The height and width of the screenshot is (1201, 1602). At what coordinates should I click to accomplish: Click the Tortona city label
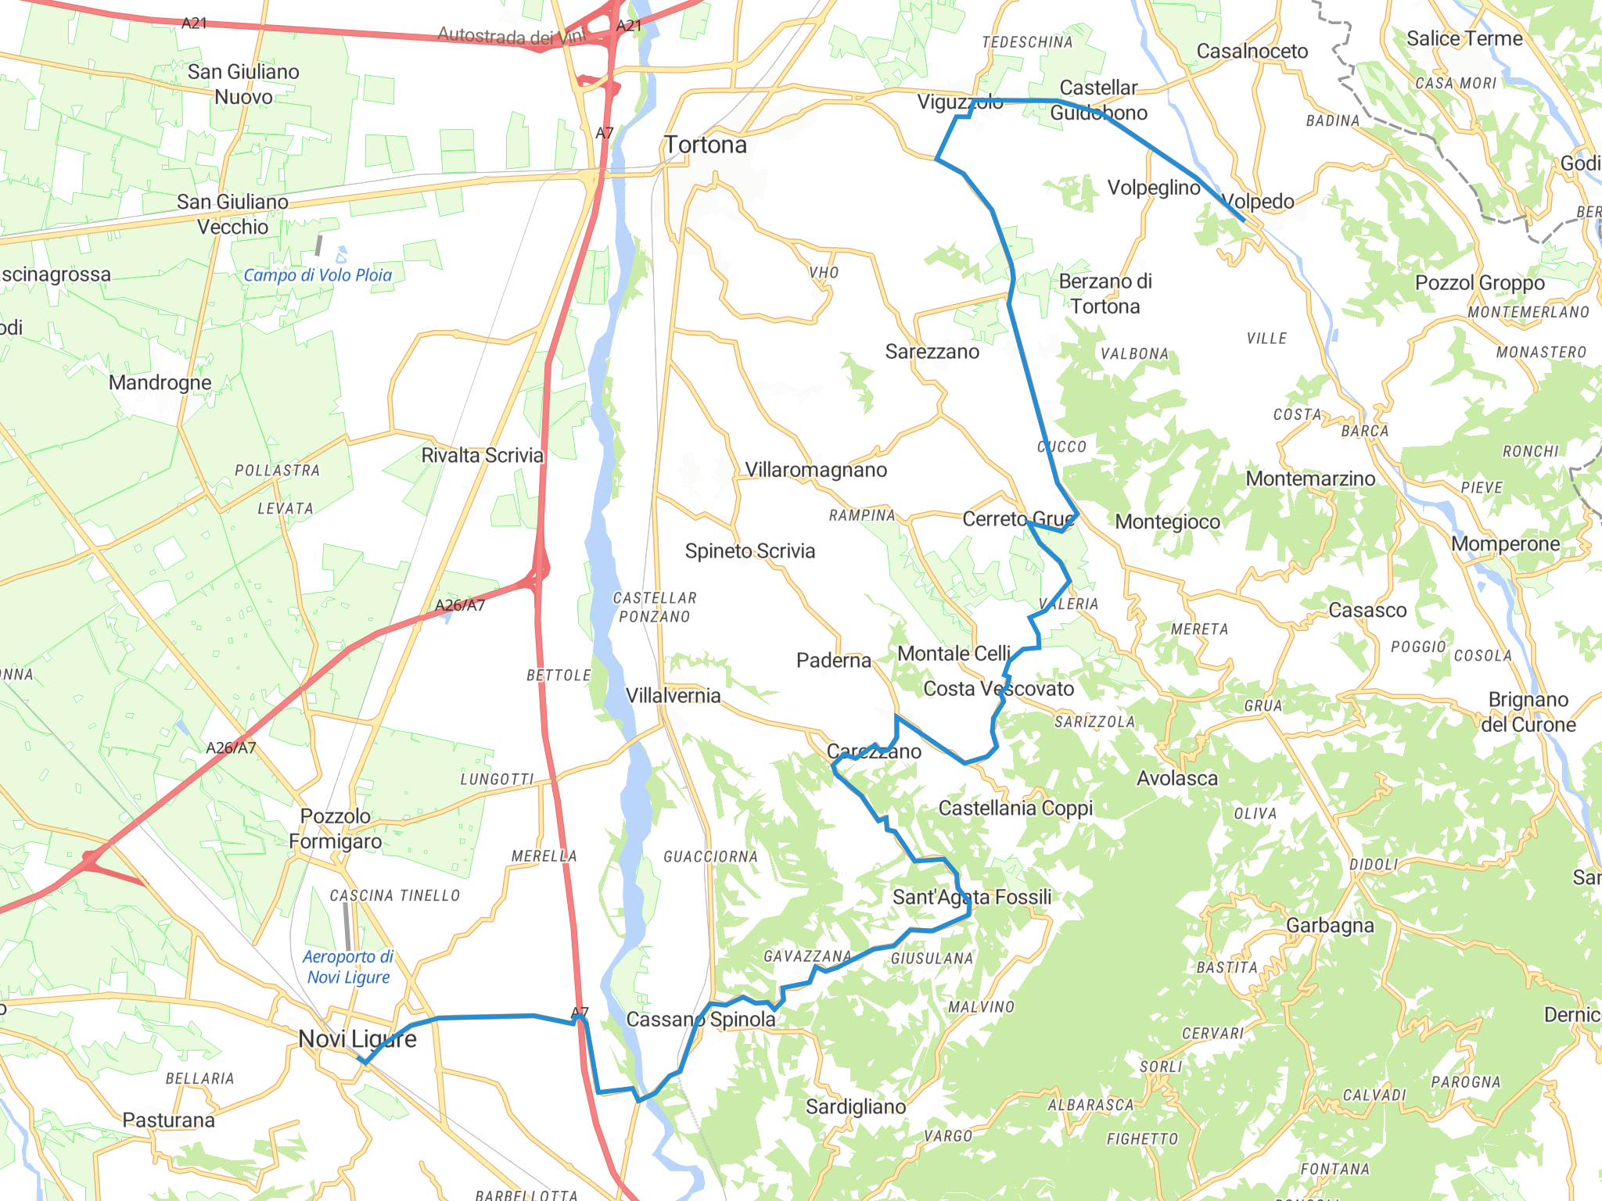[x=706, y=145]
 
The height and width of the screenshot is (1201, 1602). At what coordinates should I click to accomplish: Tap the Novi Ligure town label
[x=357, y=1039]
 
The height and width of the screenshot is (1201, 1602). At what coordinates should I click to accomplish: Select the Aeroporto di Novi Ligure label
[x=348, y=967]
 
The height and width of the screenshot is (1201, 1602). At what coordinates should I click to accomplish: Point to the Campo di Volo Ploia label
[x=318, y=275]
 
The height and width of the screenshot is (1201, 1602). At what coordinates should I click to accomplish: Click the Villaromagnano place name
[x=816, y=470]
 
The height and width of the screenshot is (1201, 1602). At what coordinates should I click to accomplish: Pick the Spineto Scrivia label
[x=750, y=551]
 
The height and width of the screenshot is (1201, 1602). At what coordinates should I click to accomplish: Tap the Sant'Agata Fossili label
[x=972, y=898]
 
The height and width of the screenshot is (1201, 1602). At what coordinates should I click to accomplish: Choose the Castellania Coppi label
[x=1015, y=808]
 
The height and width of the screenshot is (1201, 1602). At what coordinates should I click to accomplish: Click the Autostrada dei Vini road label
[x=511, y=36]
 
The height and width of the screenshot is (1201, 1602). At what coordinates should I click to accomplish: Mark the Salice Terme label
[x=1464, y=39]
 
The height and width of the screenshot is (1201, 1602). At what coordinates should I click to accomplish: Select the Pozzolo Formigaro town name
[x=336, y=829]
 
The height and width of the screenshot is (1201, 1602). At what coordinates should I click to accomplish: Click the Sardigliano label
[x=856, y=1107]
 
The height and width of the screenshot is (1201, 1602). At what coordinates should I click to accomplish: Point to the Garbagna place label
[x=1330, y=926]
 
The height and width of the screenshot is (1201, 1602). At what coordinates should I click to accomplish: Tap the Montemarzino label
[x=1310, y=479]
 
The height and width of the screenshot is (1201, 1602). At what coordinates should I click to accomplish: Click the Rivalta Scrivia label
[x=482, y=456]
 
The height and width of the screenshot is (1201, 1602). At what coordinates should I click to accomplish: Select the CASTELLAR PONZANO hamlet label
[x=655, y=608]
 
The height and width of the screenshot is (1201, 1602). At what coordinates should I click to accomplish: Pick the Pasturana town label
[x=168, y=1120]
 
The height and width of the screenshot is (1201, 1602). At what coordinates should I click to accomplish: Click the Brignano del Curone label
[x=1528, y=712]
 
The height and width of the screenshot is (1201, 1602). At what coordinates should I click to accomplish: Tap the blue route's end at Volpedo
[x=1244, y=220]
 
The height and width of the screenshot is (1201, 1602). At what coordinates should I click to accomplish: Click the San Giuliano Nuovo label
[x=243, y=84]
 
